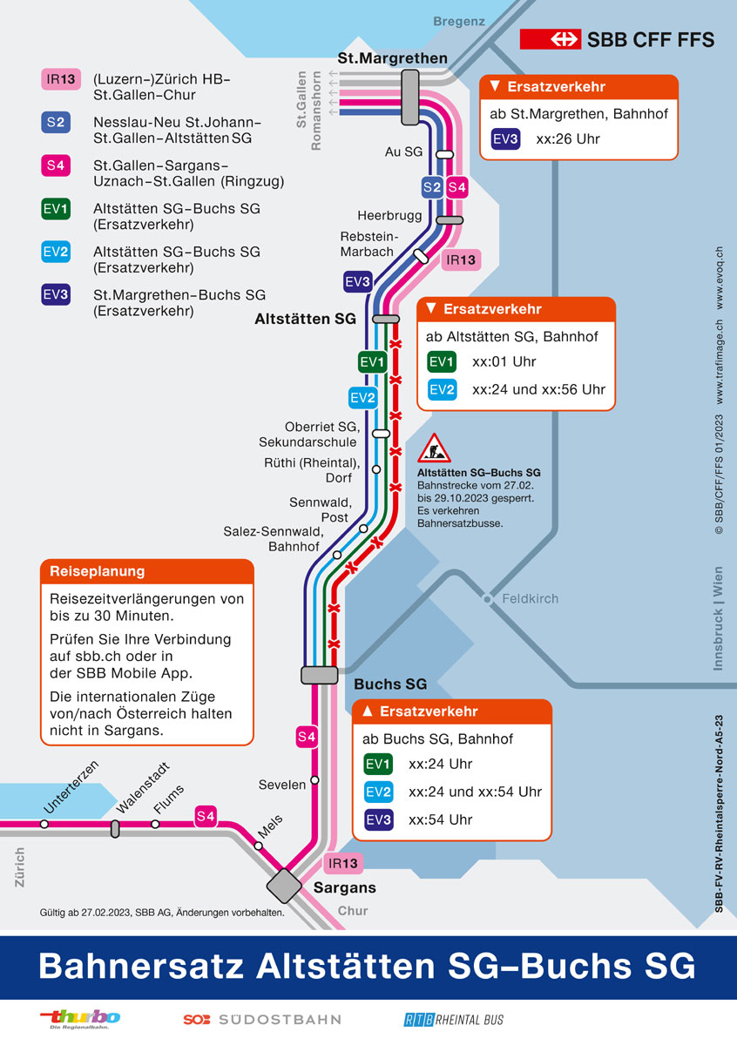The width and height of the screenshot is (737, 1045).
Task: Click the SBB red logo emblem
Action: pos(551,39)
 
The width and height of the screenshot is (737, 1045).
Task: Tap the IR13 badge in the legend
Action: pos(61,79)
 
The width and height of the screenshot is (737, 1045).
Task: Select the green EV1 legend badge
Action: pos(56,208)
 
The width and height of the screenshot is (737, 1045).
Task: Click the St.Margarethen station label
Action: pos(393,58)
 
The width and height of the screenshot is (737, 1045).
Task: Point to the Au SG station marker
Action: pos(444,154)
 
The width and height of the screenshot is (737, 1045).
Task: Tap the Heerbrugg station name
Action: pos(389,216)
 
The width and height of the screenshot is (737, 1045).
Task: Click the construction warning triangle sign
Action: pos(434,448)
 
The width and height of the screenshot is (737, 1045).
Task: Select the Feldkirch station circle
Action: pos(487,598)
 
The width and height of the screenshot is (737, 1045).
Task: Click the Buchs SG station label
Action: pos(390,684)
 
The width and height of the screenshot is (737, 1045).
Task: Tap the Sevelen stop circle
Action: pos(315,780)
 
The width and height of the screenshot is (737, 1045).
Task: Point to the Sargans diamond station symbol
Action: pos(284,886)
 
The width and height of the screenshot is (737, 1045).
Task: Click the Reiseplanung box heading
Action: pos(97,571)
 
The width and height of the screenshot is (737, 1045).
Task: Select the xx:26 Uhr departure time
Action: pos(568,139)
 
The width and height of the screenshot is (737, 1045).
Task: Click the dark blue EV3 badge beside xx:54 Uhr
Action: pos(379,819)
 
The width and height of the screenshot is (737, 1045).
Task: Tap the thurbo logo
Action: pos(80,1019)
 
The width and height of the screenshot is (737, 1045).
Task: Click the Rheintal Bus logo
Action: pos(454,1020)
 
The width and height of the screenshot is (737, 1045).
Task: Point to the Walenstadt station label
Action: pos(142,788)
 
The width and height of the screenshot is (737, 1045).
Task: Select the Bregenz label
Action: pos(459,22)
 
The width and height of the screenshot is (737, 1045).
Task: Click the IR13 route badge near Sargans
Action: pos(343,863)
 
